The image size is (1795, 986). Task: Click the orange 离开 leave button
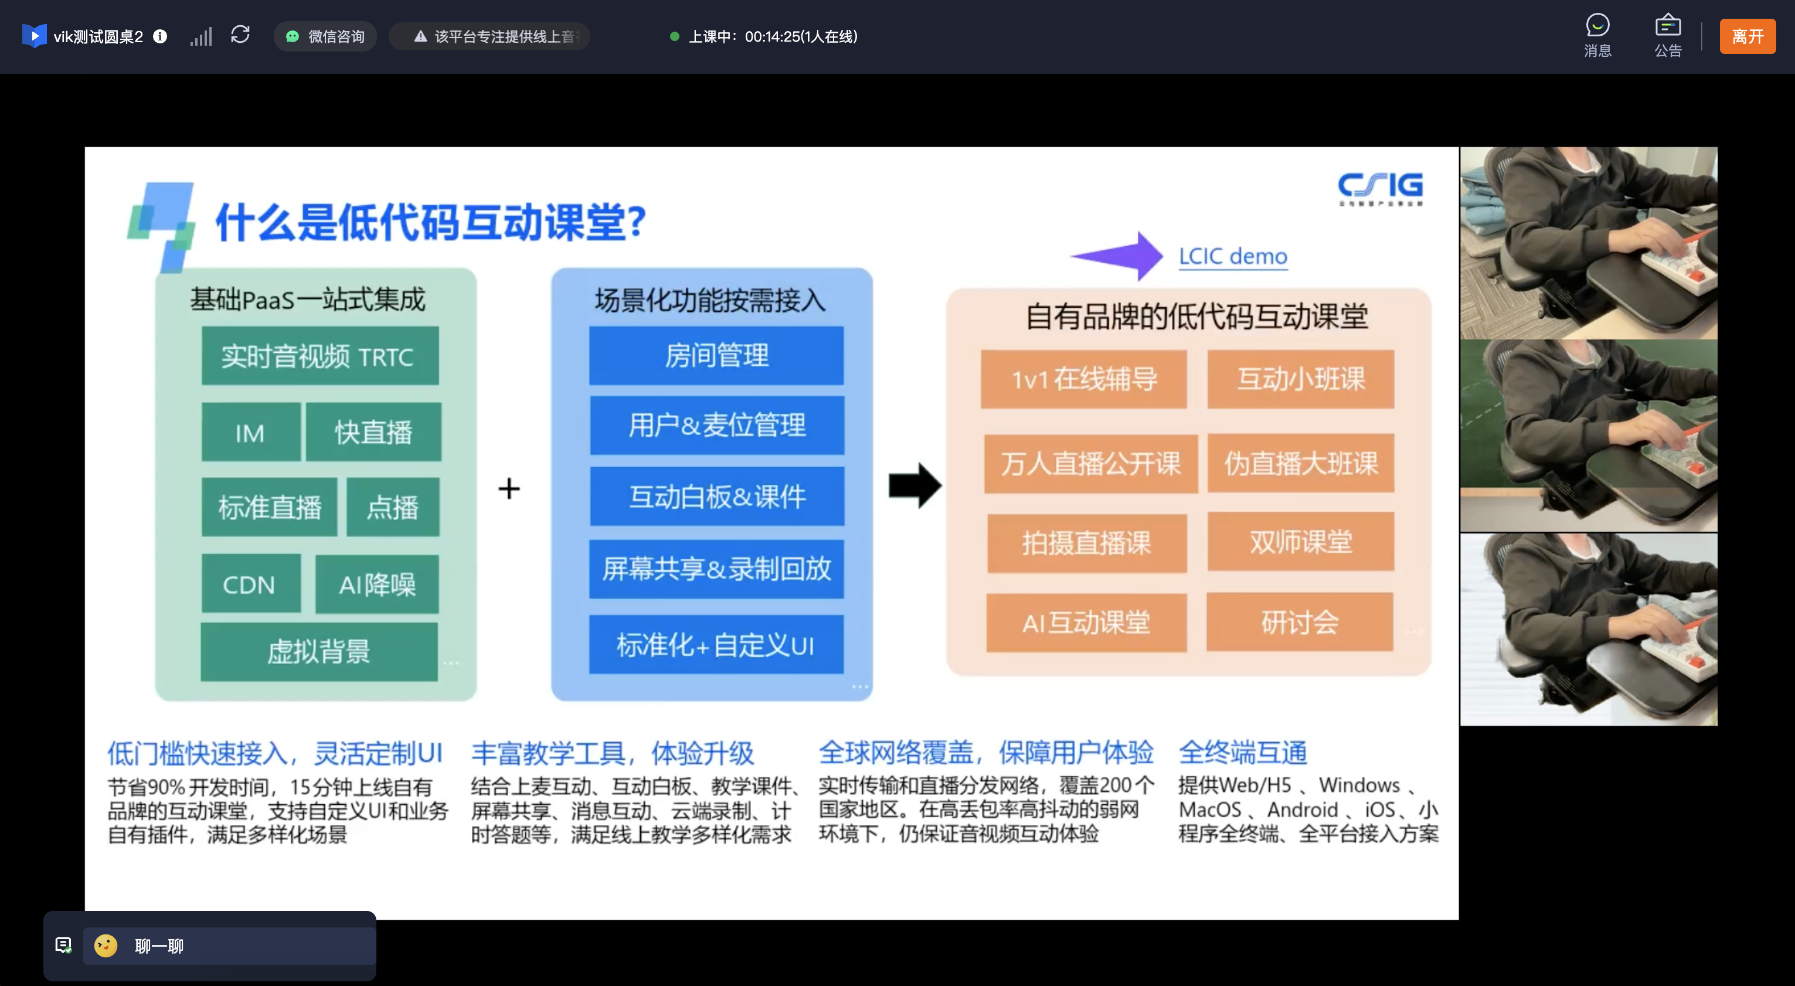point(1747,36)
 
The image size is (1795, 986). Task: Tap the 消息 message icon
point(1597,35)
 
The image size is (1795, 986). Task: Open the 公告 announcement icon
point(1667,35)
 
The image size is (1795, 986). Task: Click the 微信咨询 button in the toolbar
point(325,36)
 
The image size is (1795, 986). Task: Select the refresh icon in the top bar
point(240,35)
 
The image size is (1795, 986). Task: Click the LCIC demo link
point(1233,256)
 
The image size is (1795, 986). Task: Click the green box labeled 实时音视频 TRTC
point(320,356)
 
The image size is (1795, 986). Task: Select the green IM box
point(251,433)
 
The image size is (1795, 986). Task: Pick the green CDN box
point(250,584)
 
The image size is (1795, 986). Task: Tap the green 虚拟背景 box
point(319,651)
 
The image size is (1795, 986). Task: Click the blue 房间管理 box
point(716,355)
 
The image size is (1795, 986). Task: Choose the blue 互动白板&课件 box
point(716,496)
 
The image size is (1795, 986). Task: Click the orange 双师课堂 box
point(1300,542)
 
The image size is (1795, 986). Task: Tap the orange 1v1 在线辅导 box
point(1083,380)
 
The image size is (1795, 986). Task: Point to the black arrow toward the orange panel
point(915,486)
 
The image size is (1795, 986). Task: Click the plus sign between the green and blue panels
point(509,488)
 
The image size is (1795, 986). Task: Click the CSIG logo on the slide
point(1380,188)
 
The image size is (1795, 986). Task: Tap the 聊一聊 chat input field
point(230,946)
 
